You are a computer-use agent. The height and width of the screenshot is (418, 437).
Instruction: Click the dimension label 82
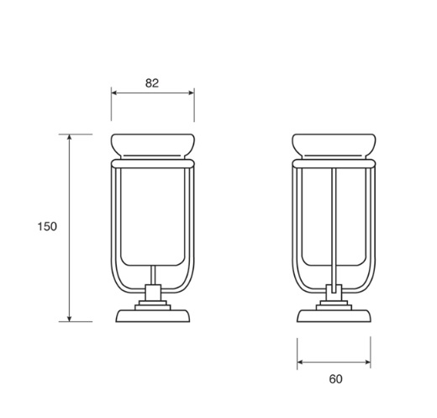[x=152, y=83]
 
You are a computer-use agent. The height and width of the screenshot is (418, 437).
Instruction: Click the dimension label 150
[x=47, y=226]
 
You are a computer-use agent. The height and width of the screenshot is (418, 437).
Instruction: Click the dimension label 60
[x=335, y=379]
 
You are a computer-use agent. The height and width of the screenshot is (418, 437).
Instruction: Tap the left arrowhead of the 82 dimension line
[x=114, y=93]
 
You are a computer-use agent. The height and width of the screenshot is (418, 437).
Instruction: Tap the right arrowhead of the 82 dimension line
[x=192, y=93]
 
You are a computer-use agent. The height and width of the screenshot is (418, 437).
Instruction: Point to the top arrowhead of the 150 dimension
[x=70, y=137]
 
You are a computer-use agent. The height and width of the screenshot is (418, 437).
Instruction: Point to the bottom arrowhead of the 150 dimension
[x=70, y=319]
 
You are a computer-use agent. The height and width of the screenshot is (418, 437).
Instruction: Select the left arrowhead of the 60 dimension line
[x=300, y=362]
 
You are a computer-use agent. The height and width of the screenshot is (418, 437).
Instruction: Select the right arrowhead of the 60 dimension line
[x=367, y=362]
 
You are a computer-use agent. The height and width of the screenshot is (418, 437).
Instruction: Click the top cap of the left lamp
[x=153, y=146]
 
